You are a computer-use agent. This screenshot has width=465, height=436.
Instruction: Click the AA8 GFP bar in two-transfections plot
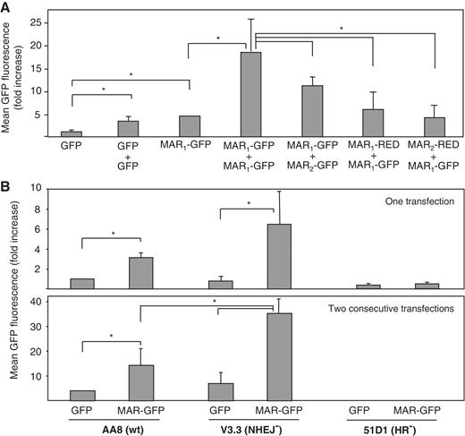point(82,396)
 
